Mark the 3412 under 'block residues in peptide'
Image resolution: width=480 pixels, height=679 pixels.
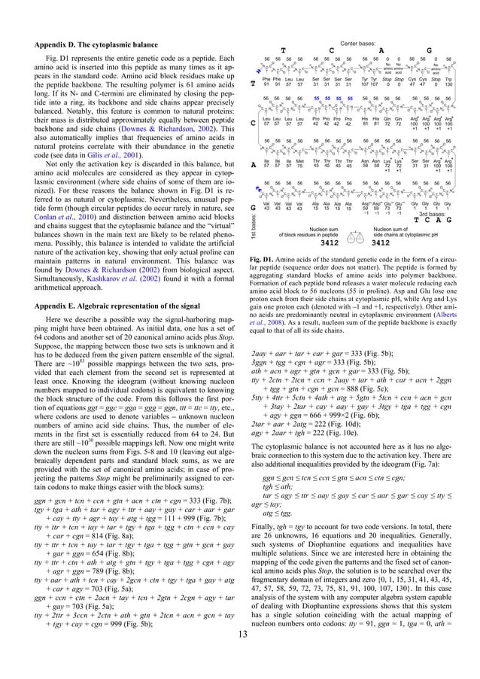311,242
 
